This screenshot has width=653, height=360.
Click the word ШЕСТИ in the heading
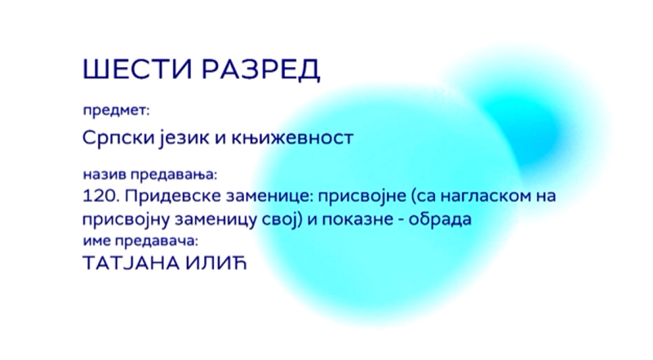coord(137,69)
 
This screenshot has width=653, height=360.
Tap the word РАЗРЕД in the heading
coord(261,69)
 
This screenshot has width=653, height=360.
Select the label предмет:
coord(116,111)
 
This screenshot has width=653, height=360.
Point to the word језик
coord(184,137)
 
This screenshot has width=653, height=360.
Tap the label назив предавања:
coord(150,174)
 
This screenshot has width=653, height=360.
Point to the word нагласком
coord(481,195)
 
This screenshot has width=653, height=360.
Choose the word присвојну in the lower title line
coord(126,220)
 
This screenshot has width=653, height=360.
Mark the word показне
coord(358,219)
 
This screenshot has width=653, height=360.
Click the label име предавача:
coord(140,242)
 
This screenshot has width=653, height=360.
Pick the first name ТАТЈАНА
coord(131,264)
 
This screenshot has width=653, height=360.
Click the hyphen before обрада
coord(402,220)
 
